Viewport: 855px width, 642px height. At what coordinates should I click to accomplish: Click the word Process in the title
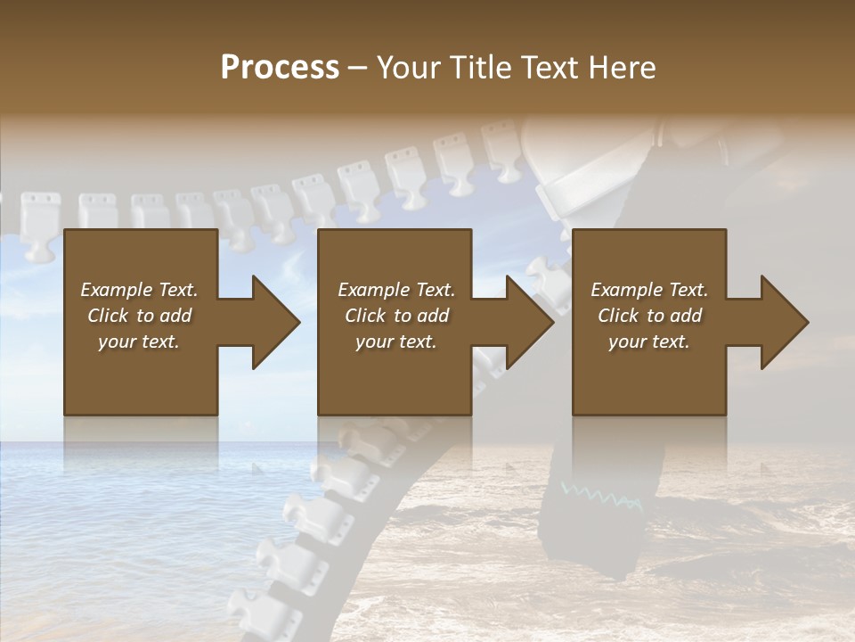coord(280,68)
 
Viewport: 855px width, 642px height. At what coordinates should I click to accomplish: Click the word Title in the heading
coord(479,68)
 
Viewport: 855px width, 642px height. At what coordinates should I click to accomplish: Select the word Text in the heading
coord(550,68)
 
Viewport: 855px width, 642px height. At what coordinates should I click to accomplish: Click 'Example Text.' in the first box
coord(139,290)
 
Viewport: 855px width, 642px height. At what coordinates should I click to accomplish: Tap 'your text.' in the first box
coord(139,342)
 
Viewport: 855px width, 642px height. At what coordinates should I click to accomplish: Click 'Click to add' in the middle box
coord(396,316)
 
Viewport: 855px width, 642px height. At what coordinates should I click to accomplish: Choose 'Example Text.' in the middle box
coord(396,290)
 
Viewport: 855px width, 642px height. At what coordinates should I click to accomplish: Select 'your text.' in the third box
coord(649,342)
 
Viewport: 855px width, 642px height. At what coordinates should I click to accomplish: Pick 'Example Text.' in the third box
coord(649,290)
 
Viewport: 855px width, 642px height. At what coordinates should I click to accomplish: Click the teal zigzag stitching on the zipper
coord(601,496)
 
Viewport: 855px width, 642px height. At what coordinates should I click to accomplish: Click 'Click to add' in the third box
coord(649,316)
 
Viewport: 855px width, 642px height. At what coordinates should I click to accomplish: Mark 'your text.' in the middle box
coord(396,342)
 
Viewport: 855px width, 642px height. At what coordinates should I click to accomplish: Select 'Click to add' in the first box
coord(139,316)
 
